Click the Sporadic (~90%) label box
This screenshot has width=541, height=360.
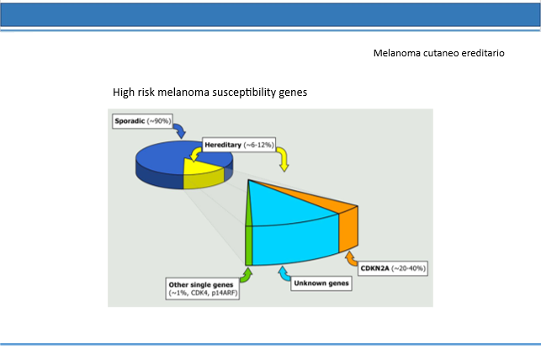pyautogui.click(x=142, y=121)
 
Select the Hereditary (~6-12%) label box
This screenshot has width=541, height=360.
pyautogui.click(x=239, y=145)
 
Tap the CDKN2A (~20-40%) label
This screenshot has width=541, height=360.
pyautogui.click(x=393, y=268)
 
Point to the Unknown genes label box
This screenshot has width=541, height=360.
pyautogui.click(x=321, y=283)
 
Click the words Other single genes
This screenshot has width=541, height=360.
pyautogui.click(x=201, y=285)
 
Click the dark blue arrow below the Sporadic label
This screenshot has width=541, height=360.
pyautogui.click(x=179, y=131)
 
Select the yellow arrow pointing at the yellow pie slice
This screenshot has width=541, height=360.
pyautogui.click(x=196, y=153)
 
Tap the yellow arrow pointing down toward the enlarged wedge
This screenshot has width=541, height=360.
pyautogui.click(x=283, y=158)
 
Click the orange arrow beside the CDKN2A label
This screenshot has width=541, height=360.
pyautogui.click(x=351, y=259)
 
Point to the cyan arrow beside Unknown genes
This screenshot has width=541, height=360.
pyautogui.click(x=284, y=274)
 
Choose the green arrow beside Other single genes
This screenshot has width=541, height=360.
pyautogui.click(x=247, y=276)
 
